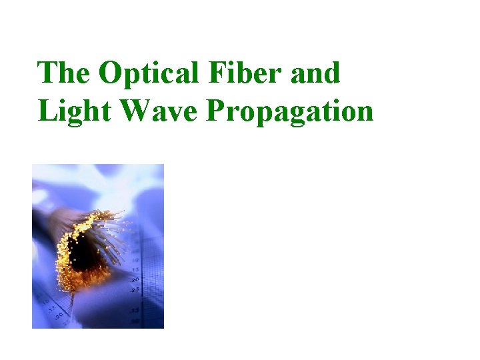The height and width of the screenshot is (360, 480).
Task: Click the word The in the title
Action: tap(64, 73)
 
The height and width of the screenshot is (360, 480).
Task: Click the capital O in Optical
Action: tap(110, 73)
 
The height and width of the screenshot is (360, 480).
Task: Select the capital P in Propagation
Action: tap(216, 111)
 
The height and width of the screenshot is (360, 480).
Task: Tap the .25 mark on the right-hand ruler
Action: tap(135, 290)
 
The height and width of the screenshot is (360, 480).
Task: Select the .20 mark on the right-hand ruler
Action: tap(134, 280)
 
